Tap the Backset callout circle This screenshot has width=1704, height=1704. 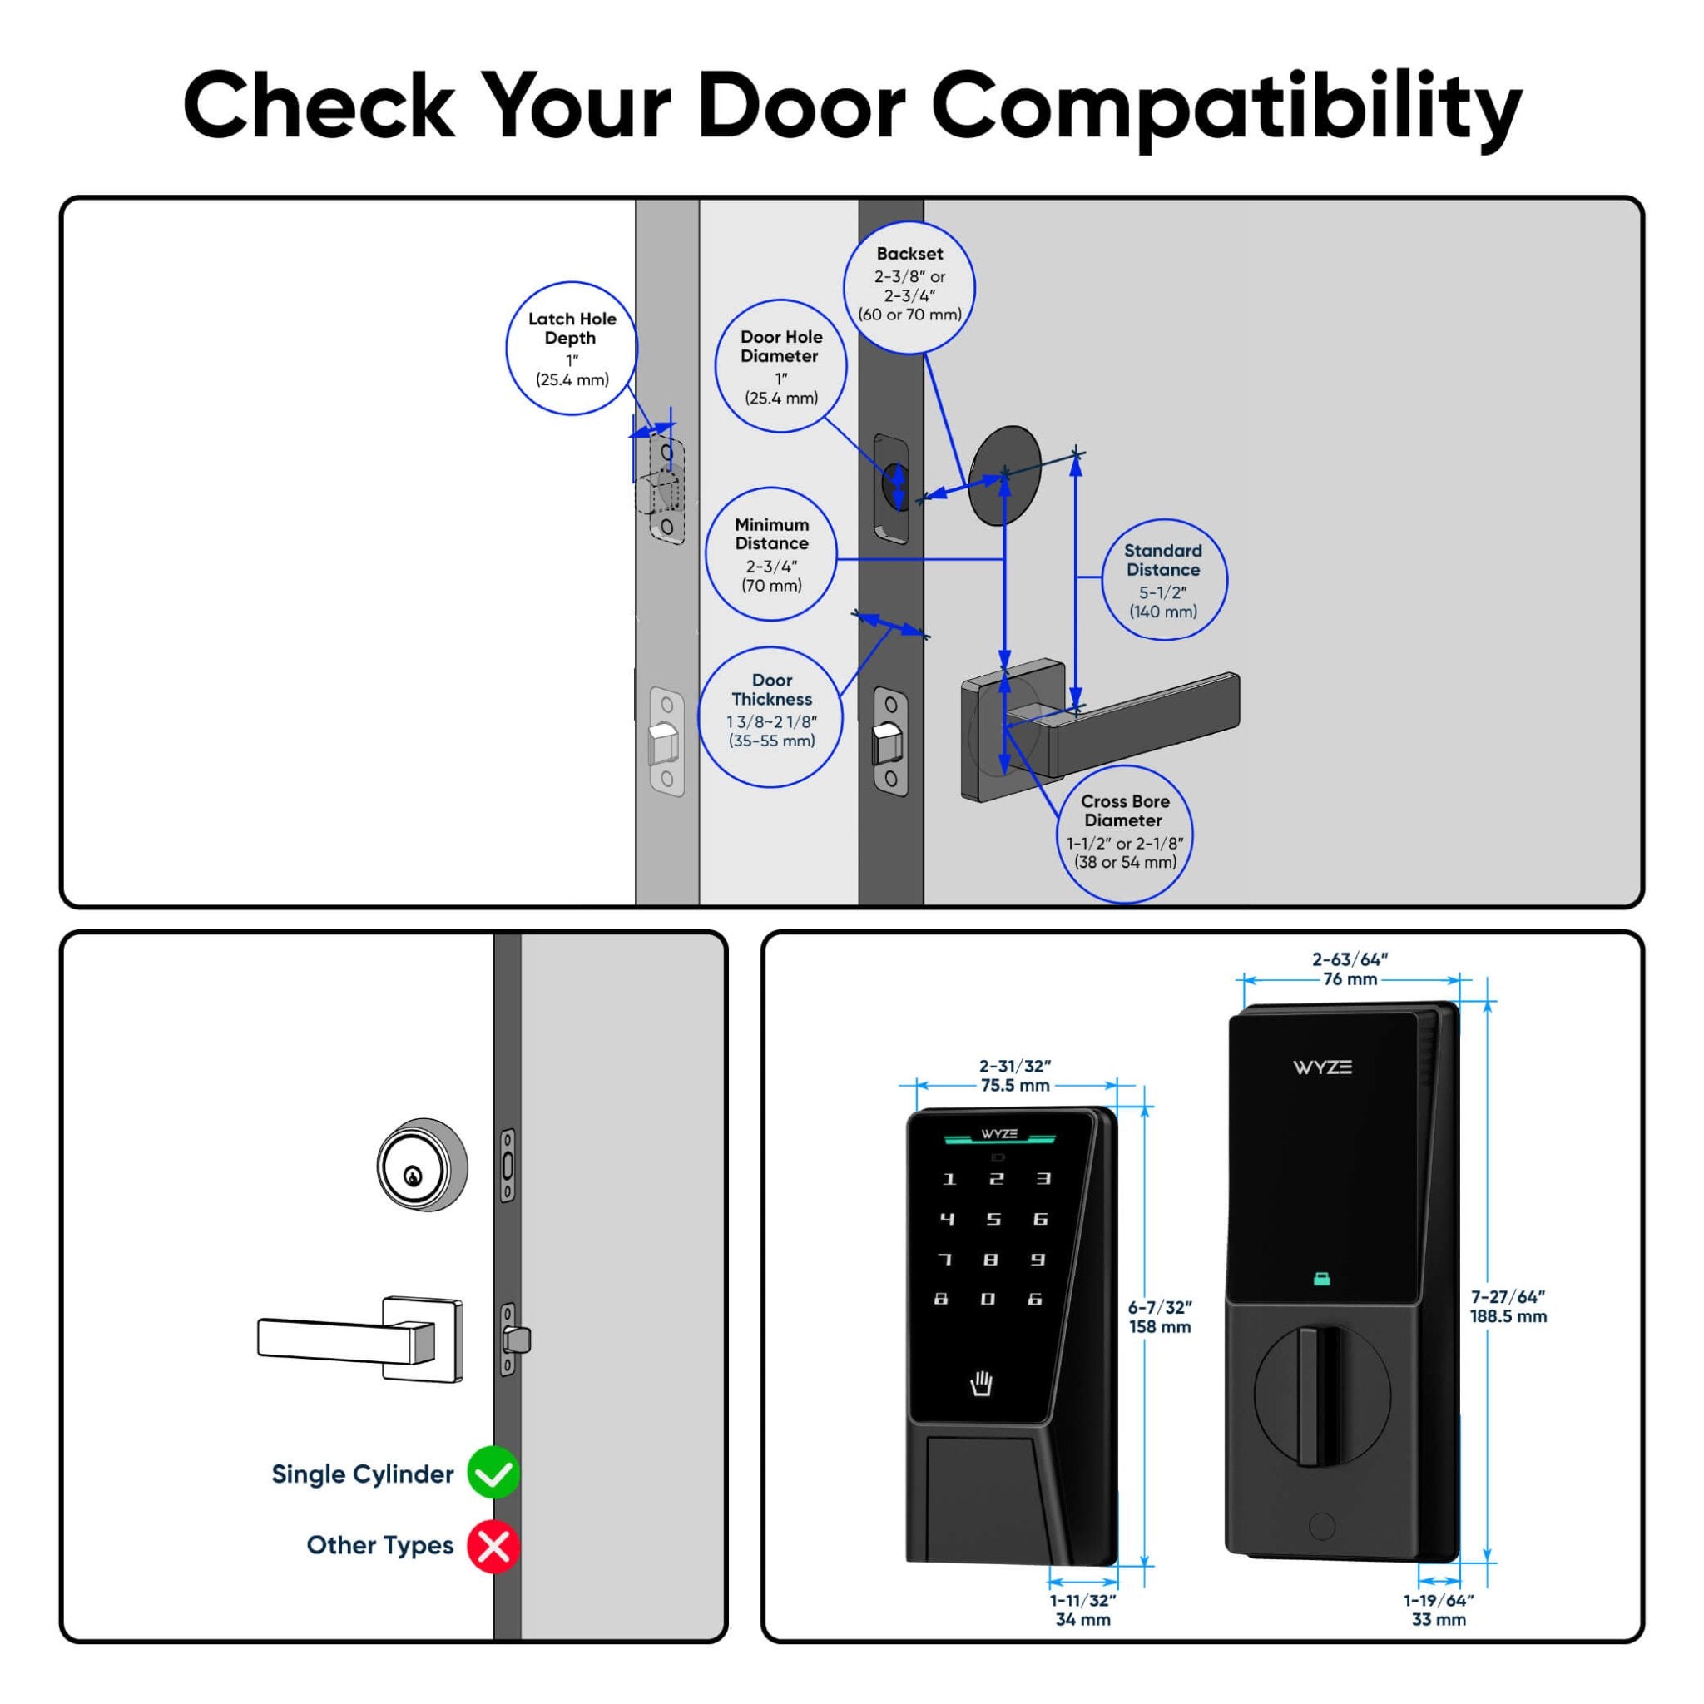tap(909, 288)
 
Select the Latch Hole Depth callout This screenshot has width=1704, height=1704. tap(572, 349)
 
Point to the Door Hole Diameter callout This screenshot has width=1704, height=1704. tap(780, 366)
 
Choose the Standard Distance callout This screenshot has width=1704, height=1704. tap(1163, 579)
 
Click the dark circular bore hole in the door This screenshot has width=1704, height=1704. tap(1004, 475)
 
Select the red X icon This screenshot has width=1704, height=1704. tap(493, 1545)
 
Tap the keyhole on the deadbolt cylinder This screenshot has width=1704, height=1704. tap(412, 1176)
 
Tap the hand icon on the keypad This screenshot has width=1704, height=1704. tap(981, 1383)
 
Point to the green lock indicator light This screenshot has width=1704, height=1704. tap(1321, 1278)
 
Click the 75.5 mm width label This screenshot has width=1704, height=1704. tap(1014, 1086)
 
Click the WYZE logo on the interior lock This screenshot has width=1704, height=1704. tap(1322, 1067)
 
